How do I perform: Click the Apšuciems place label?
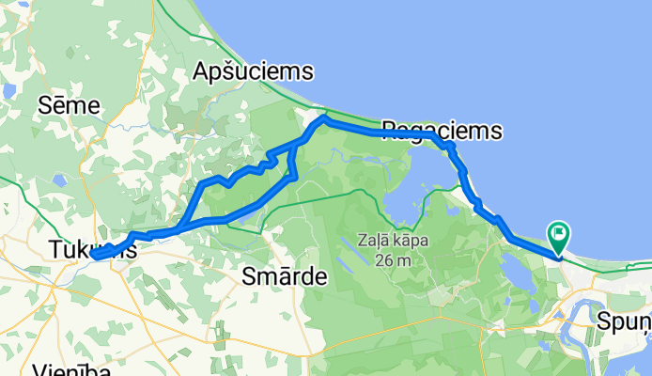pyautogui.click(x=252, y=71)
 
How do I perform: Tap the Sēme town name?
pyautogui.click(x=69, y=105)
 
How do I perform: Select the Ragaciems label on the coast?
pyautogui.click(x=442, y=130)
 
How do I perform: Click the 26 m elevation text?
pyautogui.click(x=393, y=259)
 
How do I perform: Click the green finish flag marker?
pyautogui.click(x=560, y=232)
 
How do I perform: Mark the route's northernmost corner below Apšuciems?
pyautogui.click(x=324, y=118)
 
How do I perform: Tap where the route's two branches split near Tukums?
pyautogui.click(x=179, y=227)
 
